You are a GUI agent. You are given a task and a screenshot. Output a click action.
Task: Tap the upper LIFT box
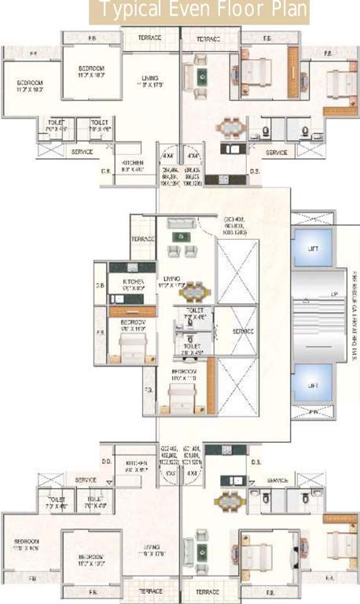coord(313,249)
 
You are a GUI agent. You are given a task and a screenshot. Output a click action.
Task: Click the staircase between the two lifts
coord(313,318)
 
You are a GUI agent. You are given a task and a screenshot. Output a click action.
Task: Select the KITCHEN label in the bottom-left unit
coord(136,464)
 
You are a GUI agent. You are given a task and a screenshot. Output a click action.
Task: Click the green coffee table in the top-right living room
coord(202,76)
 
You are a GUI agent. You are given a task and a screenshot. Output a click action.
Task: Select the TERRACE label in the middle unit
coord(143,238)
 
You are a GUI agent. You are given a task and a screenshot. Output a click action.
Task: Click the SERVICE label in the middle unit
coord(244,332)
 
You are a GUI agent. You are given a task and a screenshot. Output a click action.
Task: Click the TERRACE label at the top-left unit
coord(150,38)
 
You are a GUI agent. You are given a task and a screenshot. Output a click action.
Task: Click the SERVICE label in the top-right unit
coord(276,152)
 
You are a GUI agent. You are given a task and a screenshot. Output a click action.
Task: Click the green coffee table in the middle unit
coord(184,236)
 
